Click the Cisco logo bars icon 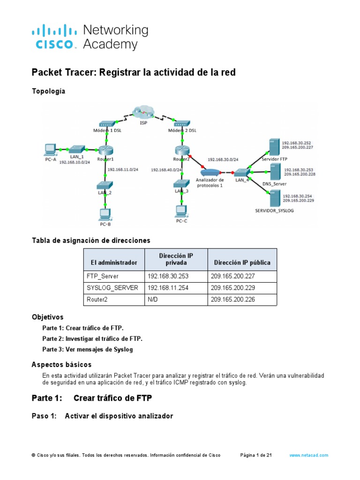54,32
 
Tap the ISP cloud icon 143,112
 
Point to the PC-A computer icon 49,149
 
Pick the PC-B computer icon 105,214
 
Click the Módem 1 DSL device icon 107,124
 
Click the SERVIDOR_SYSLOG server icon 273,199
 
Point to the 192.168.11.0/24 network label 123,170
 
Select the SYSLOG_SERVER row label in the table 112,288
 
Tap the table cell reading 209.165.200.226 232,299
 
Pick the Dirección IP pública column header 242,262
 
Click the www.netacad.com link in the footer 308,455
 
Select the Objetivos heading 47,317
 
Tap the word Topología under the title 48,91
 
